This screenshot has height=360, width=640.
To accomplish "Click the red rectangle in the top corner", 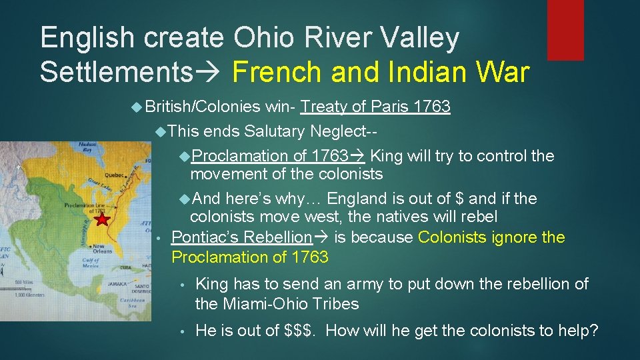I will [565, 30].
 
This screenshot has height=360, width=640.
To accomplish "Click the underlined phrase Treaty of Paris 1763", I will [375, 107].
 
